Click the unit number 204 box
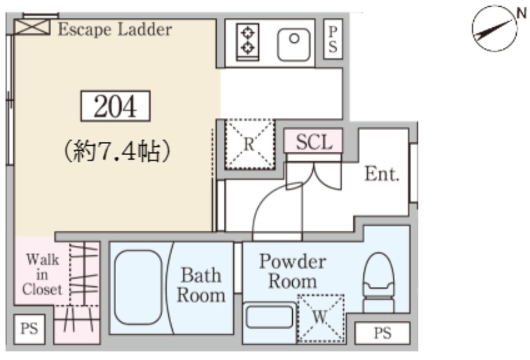(115, 106)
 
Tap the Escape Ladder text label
(115, 29)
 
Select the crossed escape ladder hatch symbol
(32, 27)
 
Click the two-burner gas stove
(248, 42)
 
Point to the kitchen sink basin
(294, 44)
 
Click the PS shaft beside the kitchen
(333, 39)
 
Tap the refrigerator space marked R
(250, 144)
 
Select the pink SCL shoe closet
(313, 141)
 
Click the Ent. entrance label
(382, 174)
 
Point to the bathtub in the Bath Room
(138, 288)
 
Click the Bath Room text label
(201, 285)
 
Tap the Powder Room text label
(293, 271)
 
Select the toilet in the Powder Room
(378, 283)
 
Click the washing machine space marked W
(321, 318)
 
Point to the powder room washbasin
(270, 317)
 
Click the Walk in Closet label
(42, 274)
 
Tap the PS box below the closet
(29, 330)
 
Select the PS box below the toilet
(383, 333)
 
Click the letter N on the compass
(521, 13)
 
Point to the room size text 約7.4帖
(116, 151)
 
